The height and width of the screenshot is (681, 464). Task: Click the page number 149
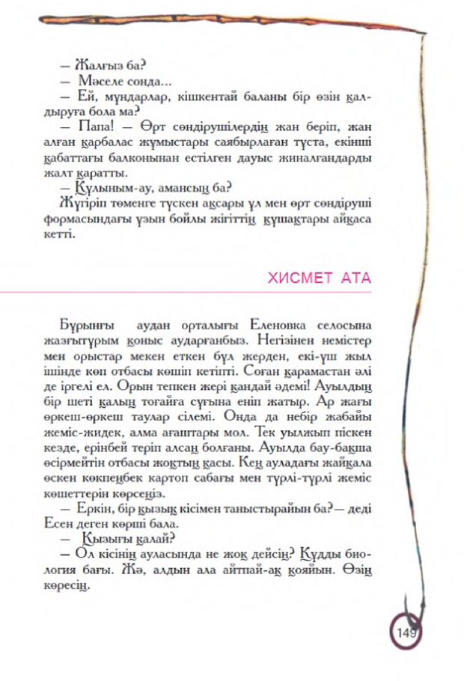[x=407, y=634]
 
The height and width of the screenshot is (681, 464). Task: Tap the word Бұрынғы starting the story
[x=83, y=326]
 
